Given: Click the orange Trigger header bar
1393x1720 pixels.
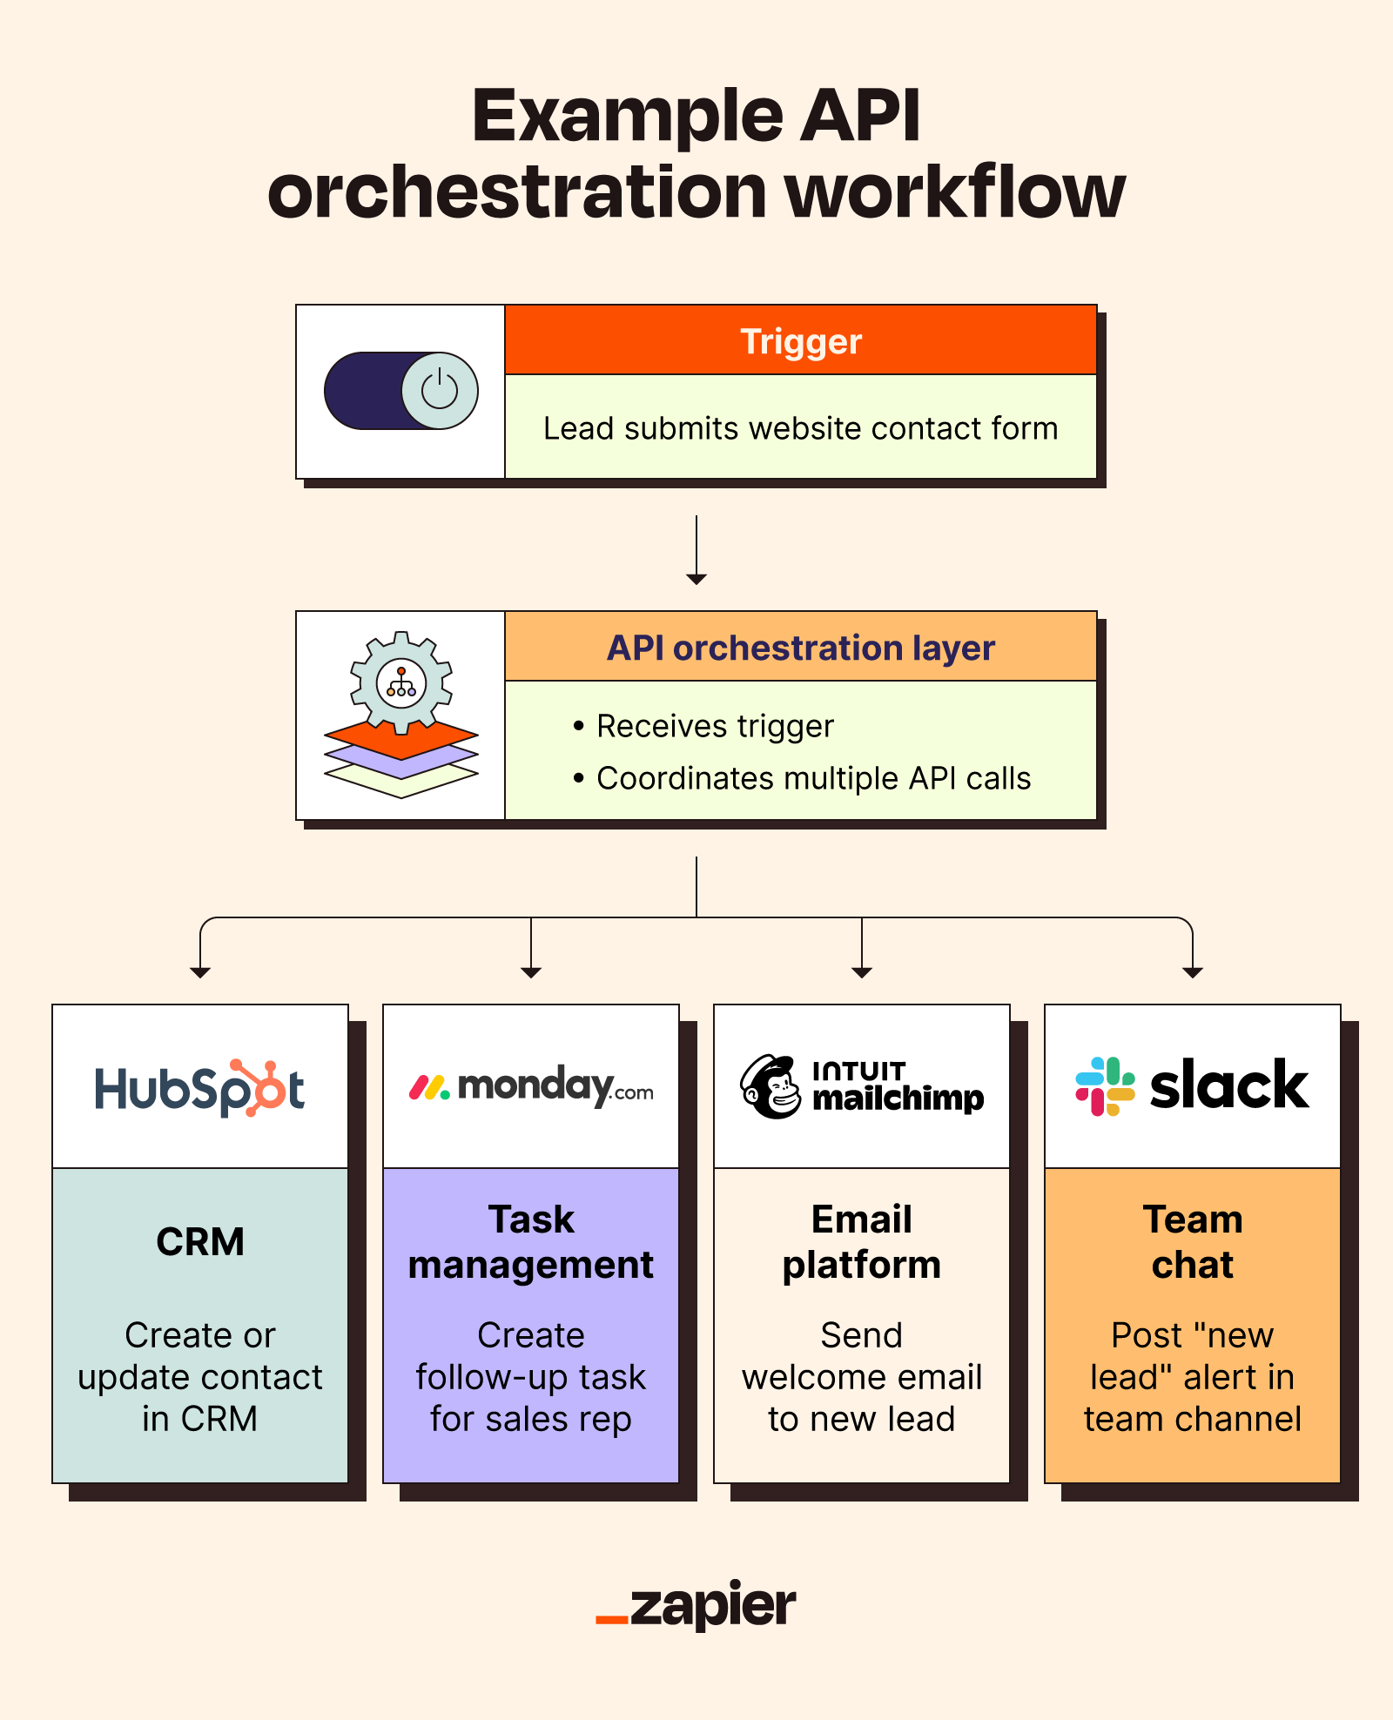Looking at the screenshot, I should point(800,340).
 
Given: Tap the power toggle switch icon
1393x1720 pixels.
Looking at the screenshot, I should point(401,391).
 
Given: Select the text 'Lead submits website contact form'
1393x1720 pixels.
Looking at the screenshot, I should point(800,428).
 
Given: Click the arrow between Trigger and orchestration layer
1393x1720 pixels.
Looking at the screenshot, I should point(696,550).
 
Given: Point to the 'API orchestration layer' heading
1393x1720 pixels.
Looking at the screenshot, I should point(800,648).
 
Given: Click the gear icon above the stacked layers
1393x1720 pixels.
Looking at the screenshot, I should point(401,682).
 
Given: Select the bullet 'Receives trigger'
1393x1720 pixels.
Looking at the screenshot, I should point(715,726).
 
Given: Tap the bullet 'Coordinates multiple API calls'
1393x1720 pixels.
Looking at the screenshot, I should point(812,778).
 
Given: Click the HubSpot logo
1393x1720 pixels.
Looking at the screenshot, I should point(200,1088).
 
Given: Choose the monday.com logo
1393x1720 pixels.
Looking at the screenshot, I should point(531,1086).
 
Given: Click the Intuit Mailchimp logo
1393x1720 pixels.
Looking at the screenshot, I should point(862,1087).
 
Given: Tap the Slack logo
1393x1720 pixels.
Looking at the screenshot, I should point(1192,1086).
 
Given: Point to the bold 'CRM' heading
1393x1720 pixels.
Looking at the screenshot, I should point(200,1241).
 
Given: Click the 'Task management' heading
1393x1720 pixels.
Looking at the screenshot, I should point(531,1242).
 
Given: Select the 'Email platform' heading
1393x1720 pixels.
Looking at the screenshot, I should point(862,1242).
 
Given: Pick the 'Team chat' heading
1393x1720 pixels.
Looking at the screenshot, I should point(1192,1242).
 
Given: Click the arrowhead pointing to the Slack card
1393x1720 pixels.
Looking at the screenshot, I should point(1192,972).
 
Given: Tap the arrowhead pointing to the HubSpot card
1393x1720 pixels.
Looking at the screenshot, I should point(200,972).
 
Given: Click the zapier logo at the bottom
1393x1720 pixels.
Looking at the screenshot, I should point(696,1606).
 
